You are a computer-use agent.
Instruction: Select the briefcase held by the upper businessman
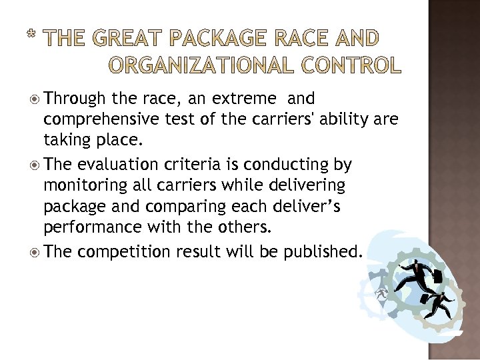pyautogui.click(x=438, y=275)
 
